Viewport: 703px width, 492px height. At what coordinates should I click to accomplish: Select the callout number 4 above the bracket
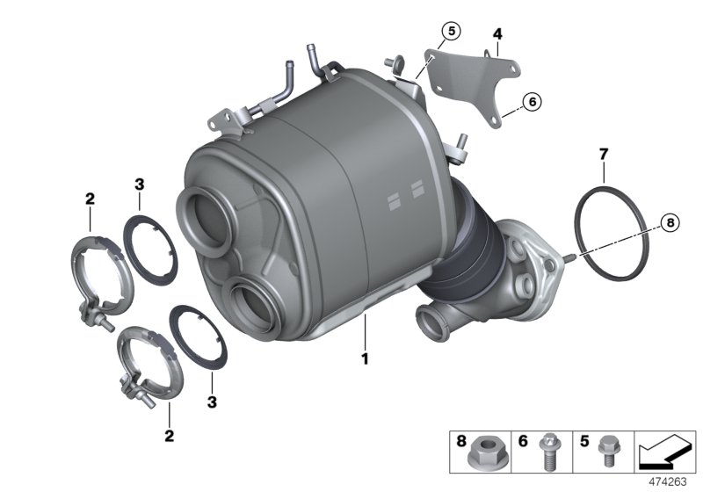click(x=496, y=34)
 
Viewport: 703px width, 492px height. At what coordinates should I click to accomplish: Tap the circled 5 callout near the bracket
click(x=450, y=33)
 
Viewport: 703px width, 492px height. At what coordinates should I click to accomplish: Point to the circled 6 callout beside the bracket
click(x=533, y=102)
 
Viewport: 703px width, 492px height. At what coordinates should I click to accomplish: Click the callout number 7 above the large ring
click(x=603, y=155)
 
